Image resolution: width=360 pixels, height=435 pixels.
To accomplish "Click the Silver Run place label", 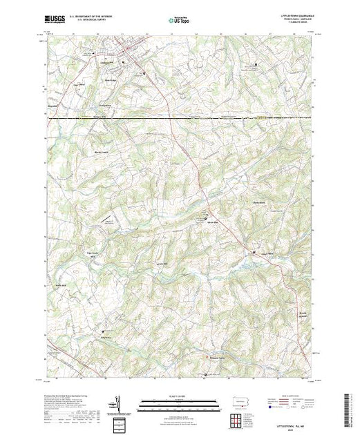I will tap(211, 224).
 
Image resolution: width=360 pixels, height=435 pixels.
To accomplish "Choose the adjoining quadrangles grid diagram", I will tap(237, 420).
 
